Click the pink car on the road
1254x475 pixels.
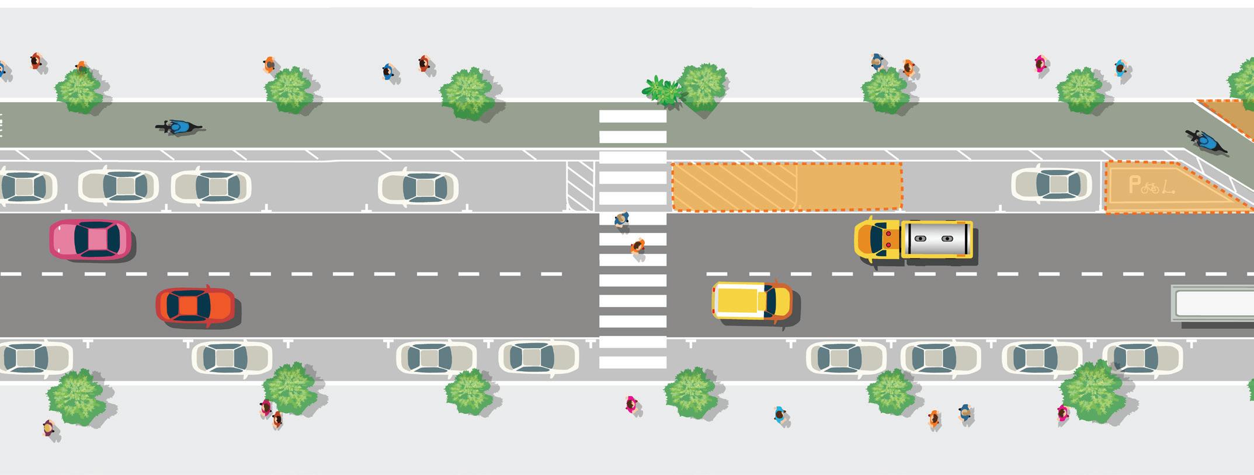(x=90, y=239)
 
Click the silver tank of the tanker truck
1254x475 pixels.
(x=937, y=239)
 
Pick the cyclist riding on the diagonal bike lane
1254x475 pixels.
(x=1204, y=142)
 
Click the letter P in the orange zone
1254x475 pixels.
(x=1134, y=186)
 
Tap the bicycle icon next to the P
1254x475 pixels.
(x=1150, y=188)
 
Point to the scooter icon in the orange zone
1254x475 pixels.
(x=1168, y=187)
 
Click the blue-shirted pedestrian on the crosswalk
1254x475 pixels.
(x=621, y=219)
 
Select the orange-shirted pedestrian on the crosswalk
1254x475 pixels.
(x=638, y=246)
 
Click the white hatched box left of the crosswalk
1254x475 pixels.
(x=580, y=186)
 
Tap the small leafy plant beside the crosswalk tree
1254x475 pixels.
(x=661, y=91)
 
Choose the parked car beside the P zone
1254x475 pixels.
(x=1051, y=185)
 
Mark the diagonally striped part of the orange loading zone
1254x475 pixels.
(x=734, y=186)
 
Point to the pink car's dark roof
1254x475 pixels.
(x=96, y=239)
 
